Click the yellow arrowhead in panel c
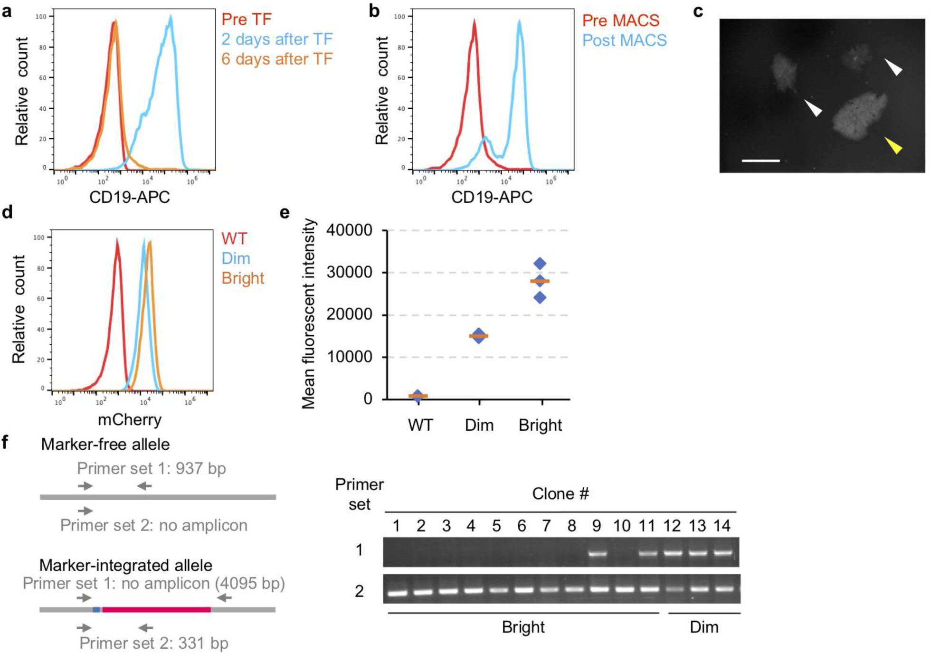click(893, 145)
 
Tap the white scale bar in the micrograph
click(760, 161)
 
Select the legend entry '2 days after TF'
click(277, 39)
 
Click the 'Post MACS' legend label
click(624, 40)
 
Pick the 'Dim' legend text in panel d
click(236, 258)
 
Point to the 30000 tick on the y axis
click(349, 272)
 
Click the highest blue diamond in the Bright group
click(540, 264)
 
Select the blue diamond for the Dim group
click(479, 336)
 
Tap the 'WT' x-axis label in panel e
click(420, 425)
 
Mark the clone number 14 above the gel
click(721, 526)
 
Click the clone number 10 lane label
click(622, 526)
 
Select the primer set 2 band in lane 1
click(398, 593)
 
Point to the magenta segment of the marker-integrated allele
click(156, 609)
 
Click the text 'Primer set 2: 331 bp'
click(154, 643)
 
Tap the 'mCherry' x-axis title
click(130, 420)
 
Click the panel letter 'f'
click(5, 443)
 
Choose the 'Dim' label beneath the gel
click(703, 627)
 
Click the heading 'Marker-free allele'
click(105, 445)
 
